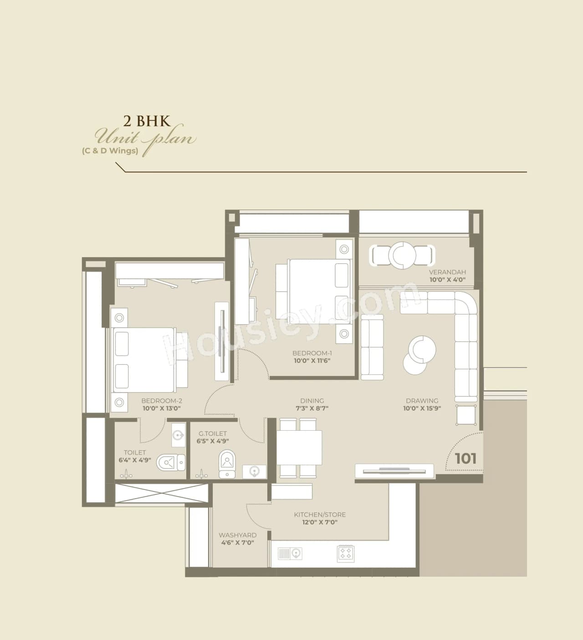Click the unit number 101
click(465, 458)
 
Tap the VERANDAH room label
click(447, 272)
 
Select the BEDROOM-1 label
click(312, 353)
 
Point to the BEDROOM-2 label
click(162, 401)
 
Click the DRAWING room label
click(422, 401)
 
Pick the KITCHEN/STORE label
click(320, 514)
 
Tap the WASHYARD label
click(237, 535)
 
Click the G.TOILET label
click(213, 434)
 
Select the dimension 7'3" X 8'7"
click(312, 408)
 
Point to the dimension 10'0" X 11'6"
click(312, 361)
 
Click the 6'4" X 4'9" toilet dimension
click(135, 460)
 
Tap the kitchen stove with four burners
click(345, 553)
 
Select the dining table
click(299, 447)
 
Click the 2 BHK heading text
click(147, 121)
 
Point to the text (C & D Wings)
click(110, 151)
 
